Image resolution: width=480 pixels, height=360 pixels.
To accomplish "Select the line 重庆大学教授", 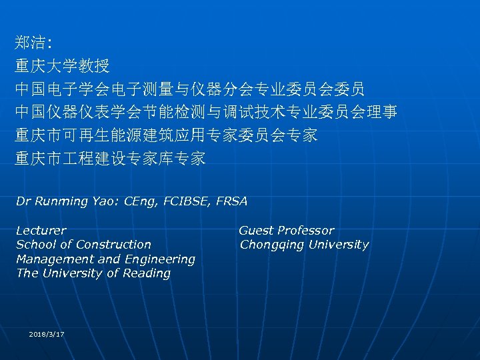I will point(63,67).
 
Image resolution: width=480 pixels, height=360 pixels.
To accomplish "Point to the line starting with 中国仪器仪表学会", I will point(206,113).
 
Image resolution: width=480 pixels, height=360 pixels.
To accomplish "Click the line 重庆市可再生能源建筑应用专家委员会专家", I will point(166,135).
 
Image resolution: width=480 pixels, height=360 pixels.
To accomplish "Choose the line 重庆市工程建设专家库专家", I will point(111,159).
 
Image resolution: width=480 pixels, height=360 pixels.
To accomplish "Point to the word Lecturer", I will point(41,231).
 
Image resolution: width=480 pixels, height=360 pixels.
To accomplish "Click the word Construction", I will point(114,245).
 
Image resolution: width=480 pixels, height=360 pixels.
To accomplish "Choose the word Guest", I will point(255,231).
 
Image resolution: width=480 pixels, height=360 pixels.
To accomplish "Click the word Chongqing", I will point(271,245).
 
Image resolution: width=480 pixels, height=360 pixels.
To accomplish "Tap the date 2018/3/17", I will point(47,333).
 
